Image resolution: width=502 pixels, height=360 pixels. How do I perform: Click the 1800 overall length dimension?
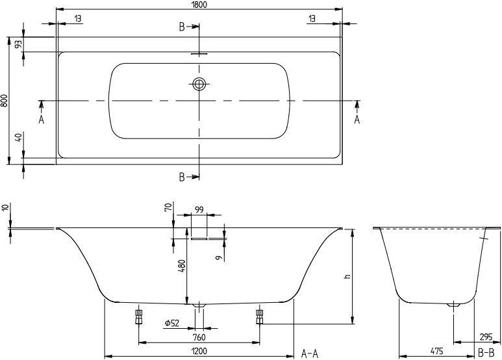(199, 5)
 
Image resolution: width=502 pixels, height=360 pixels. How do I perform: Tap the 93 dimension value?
(18, 44)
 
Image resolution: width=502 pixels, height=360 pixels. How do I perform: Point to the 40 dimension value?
(18, 138)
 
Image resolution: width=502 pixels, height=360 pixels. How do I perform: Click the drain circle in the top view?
(199, 84)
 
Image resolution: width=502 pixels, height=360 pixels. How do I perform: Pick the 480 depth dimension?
(182, 266)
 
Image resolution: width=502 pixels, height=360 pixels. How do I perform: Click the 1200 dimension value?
(199, 351)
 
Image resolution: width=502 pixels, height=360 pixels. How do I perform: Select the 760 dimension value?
(199, 337)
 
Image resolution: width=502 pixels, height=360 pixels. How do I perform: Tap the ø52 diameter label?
(172, 323)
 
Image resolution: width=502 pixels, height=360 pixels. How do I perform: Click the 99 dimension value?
(199, 210)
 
